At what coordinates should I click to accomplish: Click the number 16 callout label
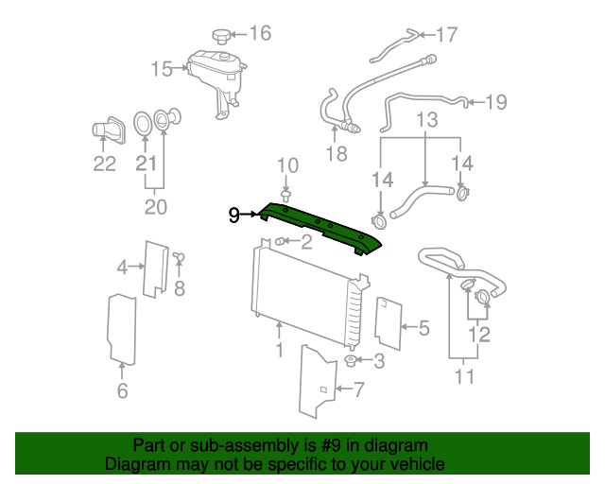(259, 34)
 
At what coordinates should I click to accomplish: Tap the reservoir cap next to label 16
(221, 36)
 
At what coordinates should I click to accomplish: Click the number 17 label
(445, 35)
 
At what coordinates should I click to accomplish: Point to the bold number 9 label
(234, 216)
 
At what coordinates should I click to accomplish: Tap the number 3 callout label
(379, 360)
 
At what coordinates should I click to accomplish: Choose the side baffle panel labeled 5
(386, 322)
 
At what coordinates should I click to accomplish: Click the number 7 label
(357, 389)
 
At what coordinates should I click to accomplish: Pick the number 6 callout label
(122, 390)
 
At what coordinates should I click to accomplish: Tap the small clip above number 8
(180, 256)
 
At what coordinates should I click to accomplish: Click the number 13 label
(427, 121)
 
